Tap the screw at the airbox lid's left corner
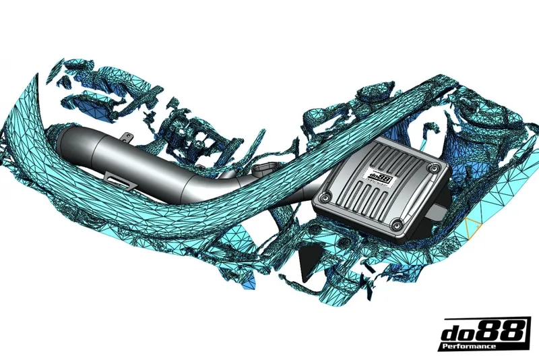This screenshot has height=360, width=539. (325, 198)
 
